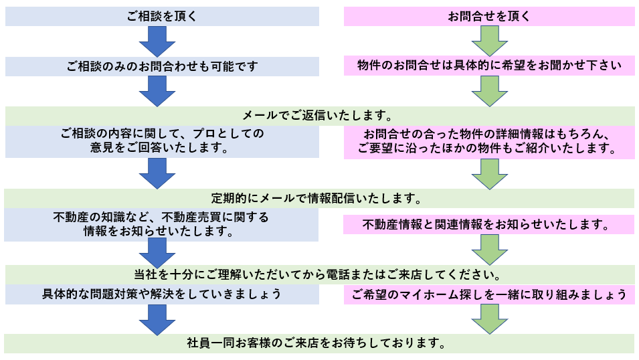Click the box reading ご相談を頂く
[162, 16]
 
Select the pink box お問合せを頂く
[489, 16]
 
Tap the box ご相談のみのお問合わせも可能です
[162, 66]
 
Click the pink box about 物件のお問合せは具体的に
[489, 66]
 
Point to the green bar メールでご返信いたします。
[320, 116]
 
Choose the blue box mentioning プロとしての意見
[162, 141]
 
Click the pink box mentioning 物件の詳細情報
[489, 142]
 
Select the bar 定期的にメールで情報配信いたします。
[320, 199]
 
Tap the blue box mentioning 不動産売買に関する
[161, 225]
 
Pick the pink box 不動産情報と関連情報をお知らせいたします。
[489, 225]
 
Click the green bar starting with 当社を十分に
[320, 275]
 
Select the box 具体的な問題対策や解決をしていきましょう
[162, 294]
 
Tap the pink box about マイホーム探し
[489, 294]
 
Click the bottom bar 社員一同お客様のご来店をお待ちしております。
[320, 343]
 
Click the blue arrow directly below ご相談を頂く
[157, 41]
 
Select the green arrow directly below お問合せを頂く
[489, 41]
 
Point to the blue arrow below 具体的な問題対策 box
[157, 320]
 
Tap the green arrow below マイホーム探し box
[489, 319]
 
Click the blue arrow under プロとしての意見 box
[157, 174]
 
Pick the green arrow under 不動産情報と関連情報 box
[489, 250]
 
